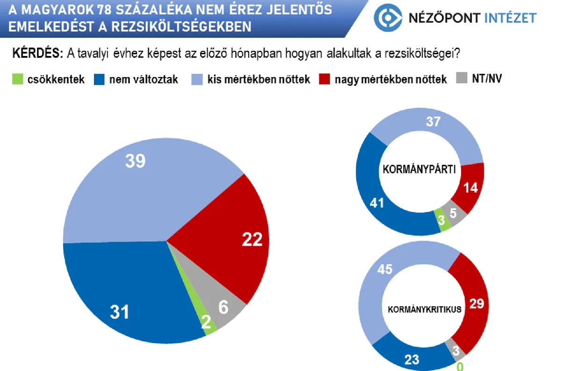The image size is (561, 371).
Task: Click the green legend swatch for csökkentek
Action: [x=18, y=79]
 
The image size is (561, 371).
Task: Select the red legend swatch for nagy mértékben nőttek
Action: [x=326, y=79]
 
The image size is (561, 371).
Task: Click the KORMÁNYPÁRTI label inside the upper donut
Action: [x=419, y=169]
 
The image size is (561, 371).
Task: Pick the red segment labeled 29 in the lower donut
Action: [x=476, y=303]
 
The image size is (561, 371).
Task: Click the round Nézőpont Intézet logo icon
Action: [x=388, y=18]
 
